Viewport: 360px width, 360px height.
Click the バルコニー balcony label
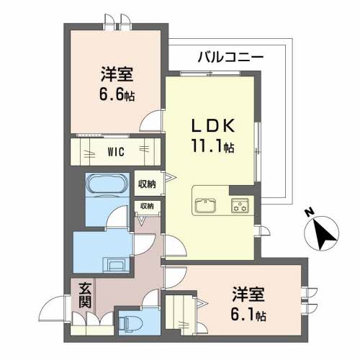pyautogui.click(x=231, y=56)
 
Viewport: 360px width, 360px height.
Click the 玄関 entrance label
pyautogui.click(x=84, y=297)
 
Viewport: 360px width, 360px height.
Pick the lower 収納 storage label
pyautogui.click(x=147, y=207)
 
